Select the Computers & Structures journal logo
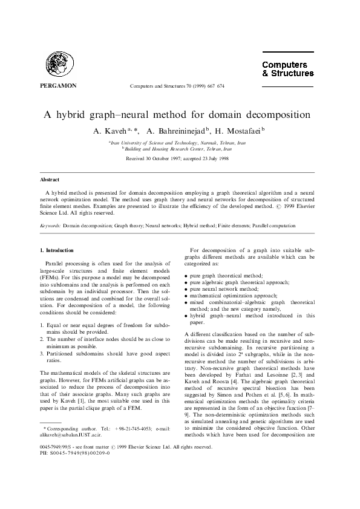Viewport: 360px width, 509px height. pyautogui.click(x=287, y=69)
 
